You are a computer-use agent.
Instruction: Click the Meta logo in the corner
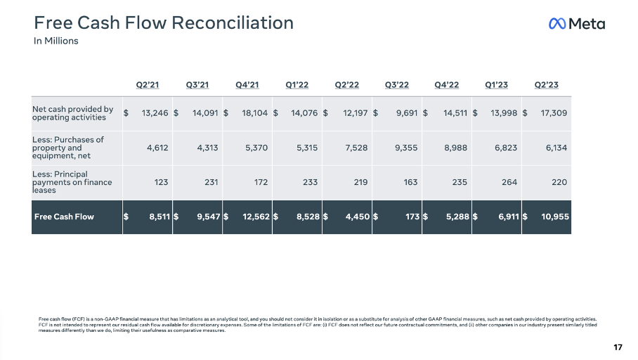click(576, 24)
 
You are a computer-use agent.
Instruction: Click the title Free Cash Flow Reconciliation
click(164, 22)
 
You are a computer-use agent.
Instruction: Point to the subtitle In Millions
click(56, 41)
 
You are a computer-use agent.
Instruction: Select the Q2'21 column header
click(148, 85)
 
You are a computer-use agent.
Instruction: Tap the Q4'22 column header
click(447, 85)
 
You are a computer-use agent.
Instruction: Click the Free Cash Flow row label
click(64, 217)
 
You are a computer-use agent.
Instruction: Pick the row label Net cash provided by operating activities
click(73, 113)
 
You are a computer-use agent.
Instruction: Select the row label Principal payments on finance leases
click(72, 182)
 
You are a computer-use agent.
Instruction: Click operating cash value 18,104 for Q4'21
click(246, 112)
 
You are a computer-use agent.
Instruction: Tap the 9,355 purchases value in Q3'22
click(406, 148)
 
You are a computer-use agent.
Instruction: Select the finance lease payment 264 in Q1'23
click(509, 182)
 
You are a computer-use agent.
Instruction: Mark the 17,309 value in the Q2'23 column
click(552, 112)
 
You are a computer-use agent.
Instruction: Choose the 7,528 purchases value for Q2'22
click(356, 148)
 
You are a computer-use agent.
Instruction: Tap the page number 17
click(618, 347)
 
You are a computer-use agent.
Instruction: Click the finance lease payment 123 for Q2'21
click(161, 182)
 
